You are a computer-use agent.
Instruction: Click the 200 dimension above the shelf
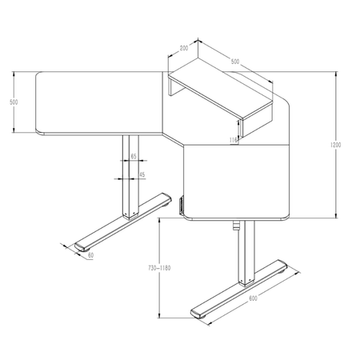[x=183, y=49]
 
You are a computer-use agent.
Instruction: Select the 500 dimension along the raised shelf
[x=234, y=61]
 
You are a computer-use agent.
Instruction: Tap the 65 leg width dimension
[x=133, y=158]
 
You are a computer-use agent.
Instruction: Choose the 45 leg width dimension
[x=142, y=174]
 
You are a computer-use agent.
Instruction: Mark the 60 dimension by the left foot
[x=90, y=255]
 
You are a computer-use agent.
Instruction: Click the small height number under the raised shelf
[x=233, y=139]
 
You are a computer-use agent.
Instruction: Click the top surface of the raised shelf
[x=228, y=91]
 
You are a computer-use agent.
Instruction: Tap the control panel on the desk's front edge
[x=182, y=206]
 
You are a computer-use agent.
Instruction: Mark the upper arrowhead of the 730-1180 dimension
[x=162, y=219]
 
